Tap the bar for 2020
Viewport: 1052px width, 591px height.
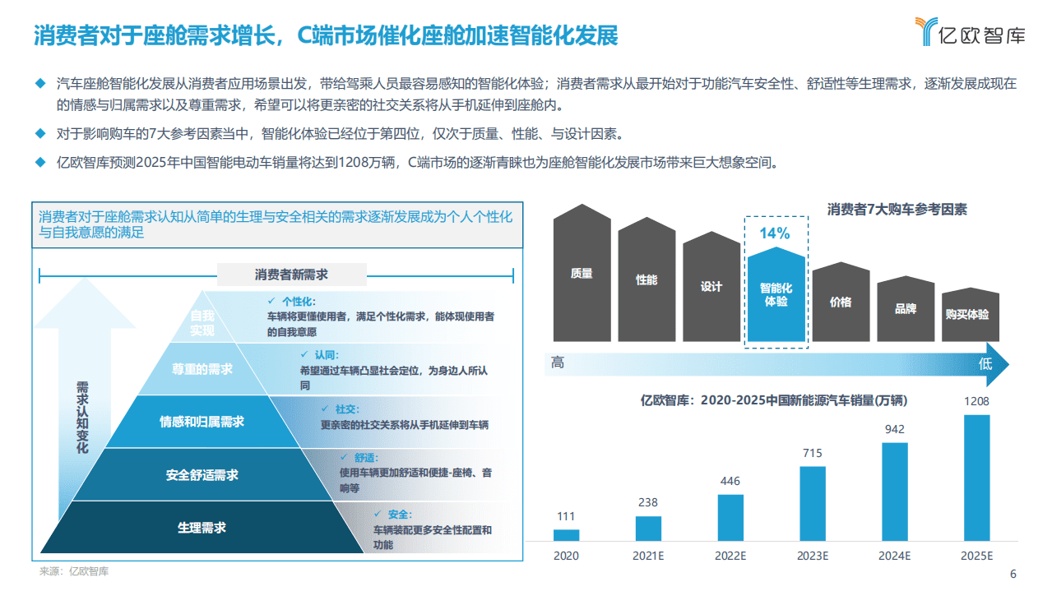(566, 534)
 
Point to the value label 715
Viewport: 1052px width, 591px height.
(812, 453)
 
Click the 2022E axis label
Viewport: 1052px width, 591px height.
(730, 556)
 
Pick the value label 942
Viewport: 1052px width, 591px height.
(894, 429)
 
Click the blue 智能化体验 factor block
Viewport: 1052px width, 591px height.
(776, 295)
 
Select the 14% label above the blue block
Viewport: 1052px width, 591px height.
(774, 233)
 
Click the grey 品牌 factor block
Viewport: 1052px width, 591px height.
(906, 309)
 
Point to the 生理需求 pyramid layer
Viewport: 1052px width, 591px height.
(202, 528)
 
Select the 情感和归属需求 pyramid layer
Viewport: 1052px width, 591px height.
(202, 422)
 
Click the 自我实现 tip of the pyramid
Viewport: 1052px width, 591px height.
(202, 323)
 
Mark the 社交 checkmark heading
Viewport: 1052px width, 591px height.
(341, 409)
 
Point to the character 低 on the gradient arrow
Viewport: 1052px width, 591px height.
(985, 363)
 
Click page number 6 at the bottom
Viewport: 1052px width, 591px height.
(1013, 575)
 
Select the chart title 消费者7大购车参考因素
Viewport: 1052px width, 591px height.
(897, 210)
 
